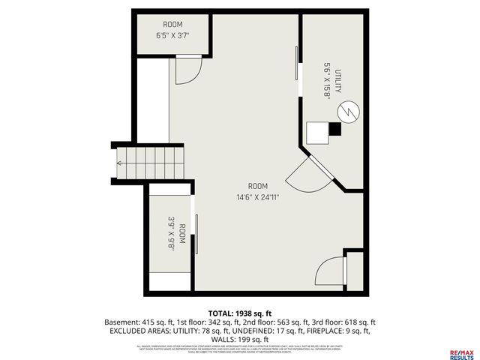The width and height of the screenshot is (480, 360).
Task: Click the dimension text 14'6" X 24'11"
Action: (258, 198)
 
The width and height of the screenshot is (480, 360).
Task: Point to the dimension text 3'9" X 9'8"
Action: (172, 233)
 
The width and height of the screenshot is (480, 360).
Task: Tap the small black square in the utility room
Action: (335, 130)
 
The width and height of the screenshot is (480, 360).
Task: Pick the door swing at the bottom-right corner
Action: (329, 272)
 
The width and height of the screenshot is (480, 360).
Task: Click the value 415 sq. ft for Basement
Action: (162, 321)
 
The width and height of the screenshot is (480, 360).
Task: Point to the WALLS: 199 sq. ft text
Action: (240, 338)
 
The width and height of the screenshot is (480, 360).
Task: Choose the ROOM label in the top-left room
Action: (172, 24)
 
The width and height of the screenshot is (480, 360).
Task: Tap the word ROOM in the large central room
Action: (258, 186)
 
